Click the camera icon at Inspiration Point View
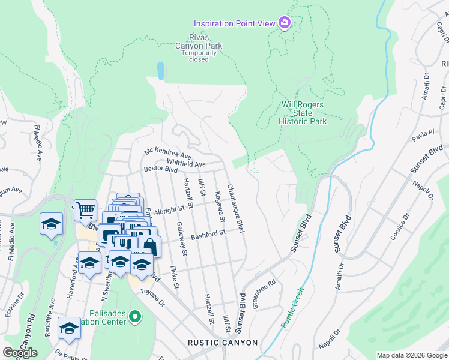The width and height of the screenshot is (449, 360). [x=285, y=23]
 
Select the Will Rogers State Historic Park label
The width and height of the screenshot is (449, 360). [x=303, y=113]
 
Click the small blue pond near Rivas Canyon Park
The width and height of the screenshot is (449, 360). [x=160, y=71]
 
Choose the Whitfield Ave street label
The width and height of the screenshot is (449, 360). [x=186, y=164]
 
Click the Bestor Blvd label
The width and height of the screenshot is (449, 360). [x=161, y=170]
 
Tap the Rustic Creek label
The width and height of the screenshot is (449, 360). [x=293, y=308]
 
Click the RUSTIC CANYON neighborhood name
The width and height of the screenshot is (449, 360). [x=223, y=343]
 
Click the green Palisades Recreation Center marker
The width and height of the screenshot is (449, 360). [x=136, y=316]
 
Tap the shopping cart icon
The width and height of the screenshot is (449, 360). [x=86, y=210]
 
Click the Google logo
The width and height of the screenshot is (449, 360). [x=20, y=353]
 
